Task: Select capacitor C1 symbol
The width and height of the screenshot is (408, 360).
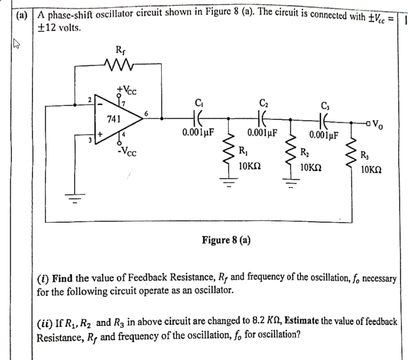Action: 197,116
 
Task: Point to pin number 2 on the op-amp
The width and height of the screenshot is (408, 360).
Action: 90,99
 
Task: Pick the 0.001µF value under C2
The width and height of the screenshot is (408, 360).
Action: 262,132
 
